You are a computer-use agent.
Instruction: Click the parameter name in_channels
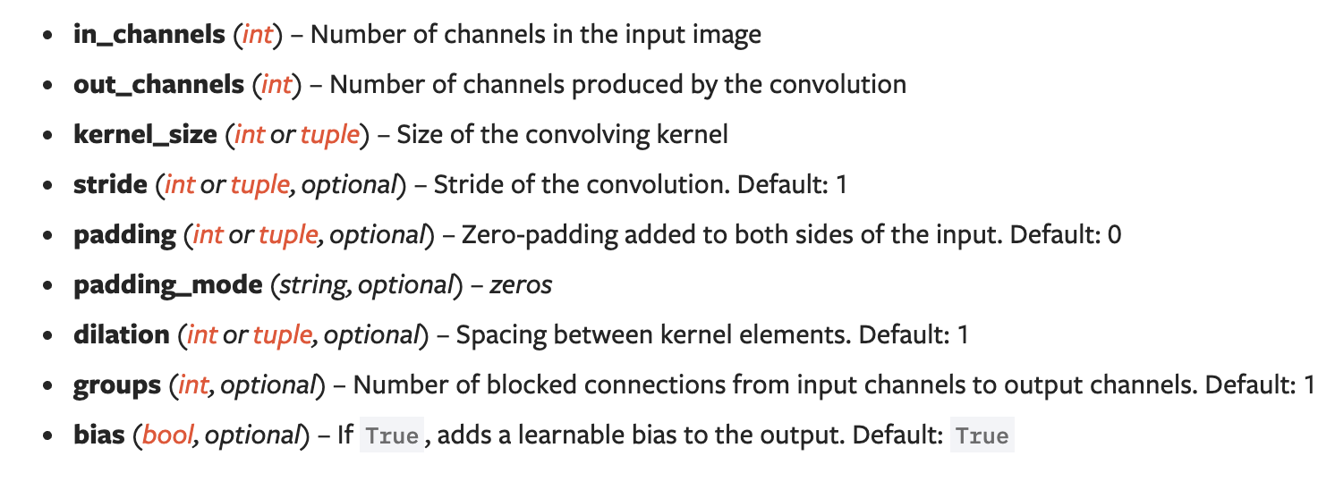coord(149,35)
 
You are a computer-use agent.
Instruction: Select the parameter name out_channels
coord(158,85)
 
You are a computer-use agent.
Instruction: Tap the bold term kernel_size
coord(145,135)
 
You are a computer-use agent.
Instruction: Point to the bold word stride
coord(110,185)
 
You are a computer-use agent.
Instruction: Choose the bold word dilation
coord(121,335)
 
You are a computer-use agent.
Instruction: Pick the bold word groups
coord(117,386)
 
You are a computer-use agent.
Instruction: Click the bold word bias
coord(99,435)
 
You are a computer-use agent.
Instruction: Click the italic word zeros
coord(521,285)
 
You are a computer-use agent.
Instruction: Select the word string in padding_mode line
coord(309,285)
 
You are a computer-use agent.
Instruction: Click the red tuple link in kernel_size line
coord(329,135)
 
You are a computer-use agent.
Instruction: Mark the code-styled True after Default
coord(982,436)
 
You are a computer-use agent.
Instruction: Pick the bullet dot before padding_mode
coord(48,286)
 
